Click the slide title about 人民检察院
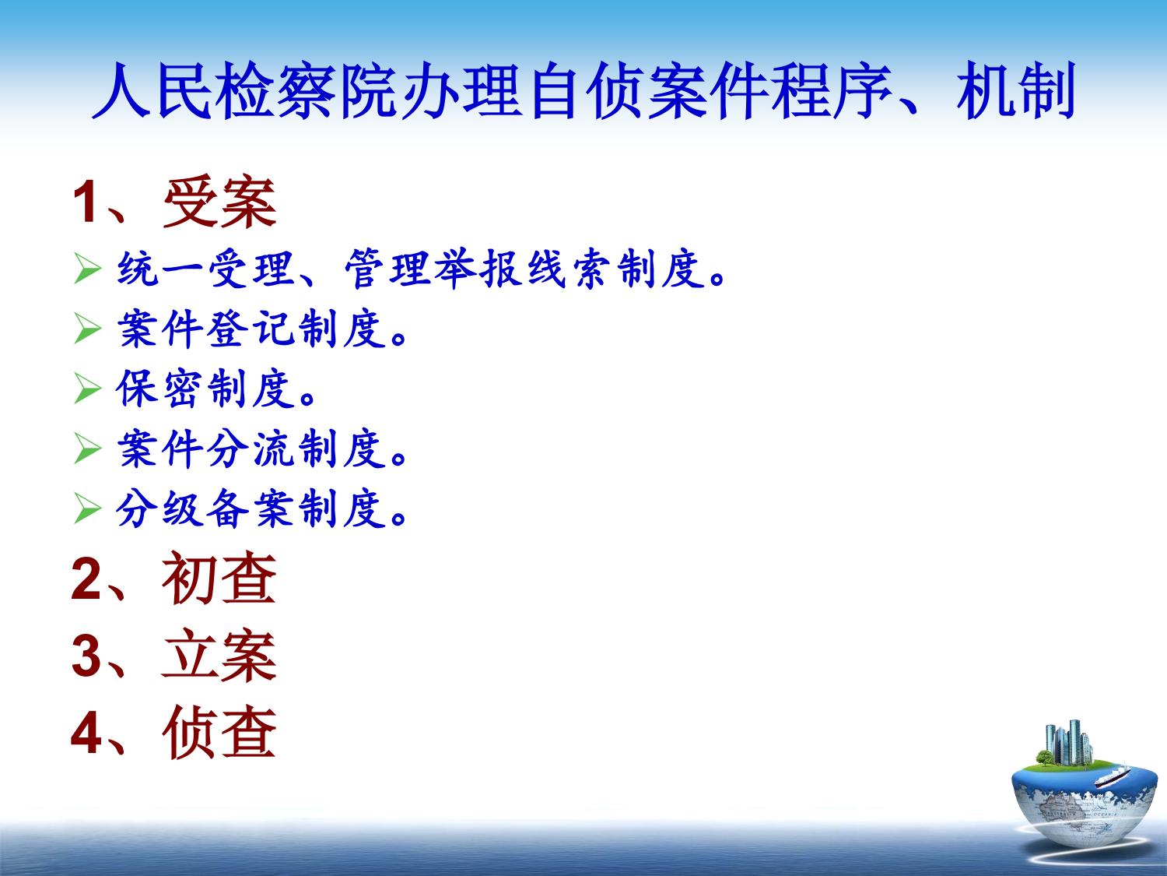[x=583, y=90]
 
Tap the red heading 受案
[x=219, y=202]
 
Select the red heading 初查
[x=219, y=578]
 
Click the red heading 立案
[x=219, y=656]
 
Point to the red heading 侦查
[x=219, y=733]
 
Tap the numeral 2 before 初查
[x=86, y=579]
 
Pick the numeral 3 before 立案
[x=86, y=656]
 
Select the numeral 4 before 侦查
[x=86, y=734]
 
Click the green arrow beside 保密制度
[x=87, y=389]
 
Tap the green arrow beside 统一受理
[x=87, y=269]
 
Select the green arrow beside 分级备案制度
[x=87, y=508]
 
